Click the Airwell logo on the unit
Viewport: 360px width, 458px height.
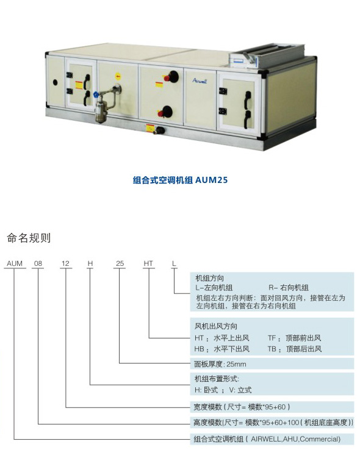[x=200, y=81]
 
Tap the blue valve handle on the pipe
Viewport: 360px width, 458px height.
[x=96, y=95]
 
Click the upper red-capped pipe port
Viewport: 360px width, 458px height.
[x=171, y=77]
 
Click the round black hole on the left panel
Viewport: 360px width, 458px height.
[x=56, y=82]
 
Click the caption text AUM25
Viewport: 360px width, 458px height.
[x=211, y=180]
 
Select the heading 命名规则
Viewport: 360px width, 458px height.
[x=29, y=238]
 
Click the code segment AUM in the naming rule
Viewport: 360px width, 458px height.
[x=15, y=263]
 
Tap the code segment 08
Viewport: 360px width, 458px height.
[x=38, y=263]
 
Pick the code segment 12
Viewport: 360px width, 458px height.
[x=65, y=263]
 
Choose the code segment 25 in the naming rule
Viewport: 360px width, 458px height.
[x=120, y=263]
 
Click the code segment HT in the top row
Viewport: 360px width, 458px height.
[x=148, y=263]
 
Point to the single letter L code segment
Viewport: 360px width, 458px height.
[x=174, y=263]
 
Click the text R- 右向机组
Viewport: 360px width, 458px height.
[x=289, y=288]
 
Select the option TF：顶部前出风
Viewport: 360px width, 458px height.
[x=294, y=338]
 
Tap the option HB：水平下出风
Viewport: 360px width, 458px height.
[x=221, y=349]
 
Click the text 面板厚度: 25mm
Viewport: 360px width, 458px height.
[x=220, y=364]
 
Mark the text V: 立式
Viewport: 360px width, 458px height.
[x=240, y=390]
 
